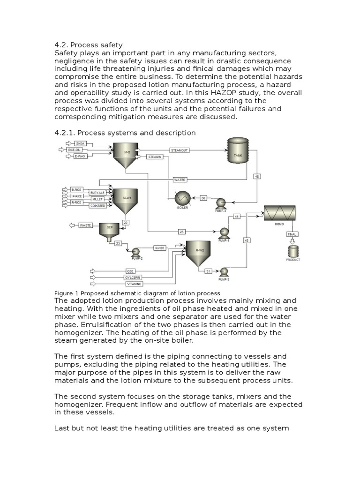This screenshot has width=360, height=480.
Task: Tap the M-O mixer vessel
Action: (125, 154)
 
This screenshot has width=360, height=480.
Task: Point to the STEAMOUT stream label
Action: (180, 150)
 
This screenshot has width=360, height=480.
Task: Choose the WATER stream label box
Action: (180, 180)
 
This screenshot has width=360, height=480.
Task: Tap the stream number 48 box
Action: (257, 176)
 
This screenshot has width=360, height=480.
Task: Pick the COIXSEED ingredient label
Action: (97, 205)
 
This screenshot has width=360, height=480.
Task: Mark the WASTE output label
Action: (85, 225)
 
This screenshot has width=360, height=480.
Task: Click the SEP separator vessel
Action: (109, 230)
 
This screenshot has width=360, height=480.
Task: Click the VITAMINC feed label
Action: (133, 284)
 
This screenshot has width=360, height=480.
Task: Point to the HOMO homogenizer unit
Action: (279, 213)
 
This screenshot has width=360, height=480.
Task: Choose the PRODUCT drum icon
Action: (292, 252)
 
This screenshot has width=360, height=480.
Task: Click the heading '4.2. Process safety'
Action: (89, 45)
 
